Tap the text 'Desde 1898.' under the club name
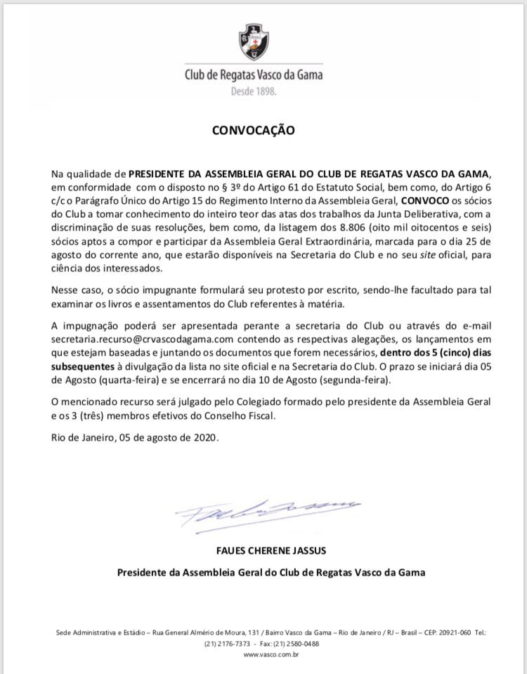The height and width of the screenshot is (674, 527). (x=254, y=91)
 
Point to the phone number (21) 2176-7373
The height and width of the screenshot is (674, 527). (x=226, y=644)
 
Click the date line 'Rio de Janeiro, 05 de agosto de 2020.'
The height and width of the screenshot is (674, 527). (x=135, y=437)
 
